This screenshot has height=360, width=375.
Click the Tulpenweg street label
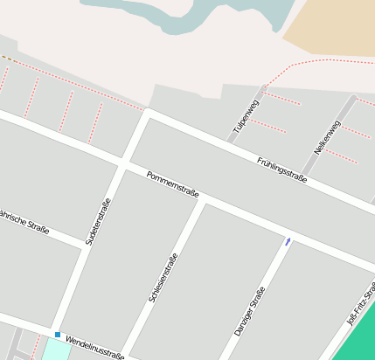(246, 118)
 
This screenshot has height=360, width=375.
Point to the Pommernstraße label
(173, 183)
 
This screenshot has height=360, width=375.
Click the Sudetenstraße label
(98, 221)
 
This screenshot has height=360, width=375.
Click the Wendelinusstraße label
(94, 348)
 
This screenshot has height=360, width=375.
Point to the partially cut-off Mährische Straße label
(24, 223)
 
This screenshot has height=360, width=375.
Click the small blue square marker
(58, 335)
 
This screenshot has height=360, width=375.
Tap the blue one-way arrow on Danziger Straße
(288, 240)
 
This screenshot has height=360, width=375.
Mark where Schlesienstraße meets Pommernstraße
(203, 200)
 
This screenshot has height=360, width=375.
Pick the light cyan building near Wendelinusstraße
(55, 350)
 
